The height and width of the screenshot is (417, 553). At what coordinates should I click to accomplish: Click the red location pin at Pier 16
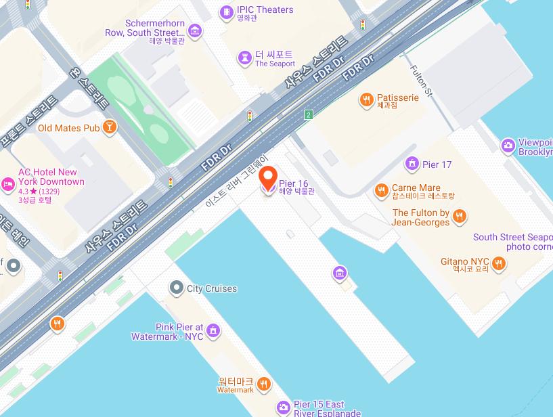(x=269, y=177)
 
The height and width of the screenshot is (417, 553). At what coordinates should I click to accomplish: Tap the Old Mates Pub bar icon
(x=110, y=127)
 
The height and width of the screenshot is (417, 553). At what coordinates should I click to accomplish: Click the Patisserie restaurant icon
(x=366, y=100)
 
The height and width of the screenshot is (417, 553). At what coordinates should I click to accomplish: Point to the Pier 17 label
(x=437, y=164)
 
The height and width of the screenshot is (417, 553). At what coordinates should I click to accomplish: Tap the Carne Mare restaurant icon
(x=381, y=190)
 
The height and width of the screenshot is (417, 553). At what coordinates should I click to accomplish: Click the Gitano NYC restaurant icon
(x=499, y=263)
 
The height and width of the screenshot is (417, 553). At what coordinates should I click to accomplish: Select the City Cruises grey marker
(x=176, y=288)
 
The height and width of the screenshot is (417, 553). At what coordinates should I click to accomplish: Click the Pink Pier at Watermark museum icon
(x=214, y=330)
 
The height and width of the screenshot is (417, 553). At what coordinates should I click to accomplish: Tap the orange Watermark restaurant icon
(x=264, y=385)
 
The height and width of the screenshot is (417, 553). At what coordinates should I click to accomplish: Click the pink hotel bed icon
(x=7, y=183)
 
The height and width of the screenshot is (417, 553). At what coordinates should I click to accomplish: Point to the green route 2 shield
(x=309, y=114)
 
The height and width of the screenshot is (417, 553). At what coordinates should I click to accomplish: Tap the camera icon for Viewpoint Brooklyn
(x=508, y=145)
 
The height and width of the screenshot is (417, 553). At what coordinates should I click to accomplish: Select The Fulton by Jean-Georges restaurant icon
(x=460, y=216)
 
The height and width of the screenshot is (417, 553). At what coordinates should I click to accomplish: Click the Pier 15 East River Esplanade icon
(x=284, y=408)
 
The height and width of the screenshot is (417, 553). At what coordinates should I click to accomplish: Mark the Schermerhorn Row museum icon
(x=195, y=30)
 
